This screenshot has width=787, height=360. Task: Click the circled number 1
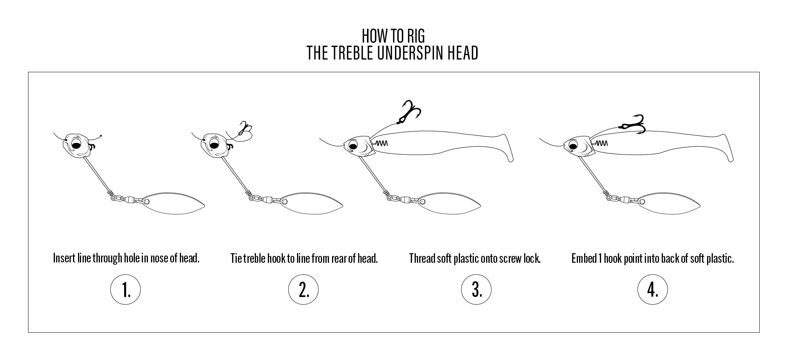point(126,290)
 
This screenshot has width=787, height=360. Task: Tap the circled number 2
point(303,290)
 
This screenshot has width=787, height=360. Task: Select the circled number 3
point(476,290)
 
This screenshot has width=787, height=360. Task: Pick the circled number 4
point(653,290)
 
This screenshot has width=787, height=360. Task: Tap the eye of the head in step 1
point(76,145)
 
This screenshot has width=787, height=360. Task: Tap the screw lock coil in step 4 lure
point(602,143)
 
